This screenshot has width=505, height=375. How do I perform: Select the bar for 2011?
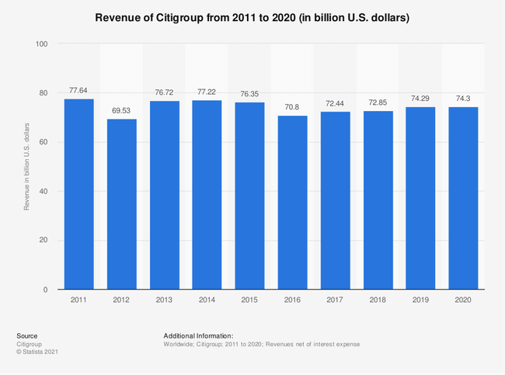point(78,194)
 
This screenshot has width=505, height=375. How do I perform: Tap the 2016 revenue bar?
point(293,203)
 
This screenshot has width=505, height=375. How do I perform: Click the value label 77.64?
point(78,90)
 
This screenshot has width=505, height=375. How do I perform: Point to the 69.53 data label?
point(121,110)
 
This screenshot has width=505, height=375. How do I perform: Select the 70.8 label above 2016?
point(293,107)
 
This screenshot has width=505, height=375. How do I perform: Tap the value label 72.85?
point(378,102)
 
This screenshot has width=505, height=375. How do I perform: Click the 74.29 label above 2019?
point(421,99)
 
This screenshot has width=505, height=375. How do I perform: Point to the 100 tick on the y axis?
point(41,44)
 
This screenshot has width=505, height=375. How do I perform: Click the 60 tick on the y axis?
point(44,142)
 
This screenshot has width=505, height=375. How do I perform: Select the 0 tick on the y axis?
point(46,290)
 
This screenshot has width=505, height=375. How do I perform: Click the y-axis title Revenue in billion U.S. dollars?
point(26,166)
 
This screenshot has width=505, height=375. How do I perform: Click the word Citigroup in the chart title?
point(195,16)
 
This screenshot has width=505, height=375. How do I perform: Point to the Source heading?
point(27,335)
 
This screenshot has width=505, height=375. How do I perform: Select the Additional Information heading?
point(200,335)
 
